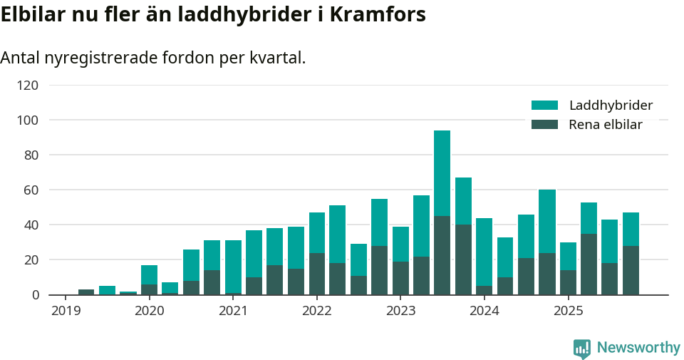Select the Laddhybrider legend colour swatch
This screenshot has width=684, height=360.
click(x=544, y=106)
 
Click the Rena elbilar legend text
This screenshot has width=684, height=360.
click(x=606, y=125)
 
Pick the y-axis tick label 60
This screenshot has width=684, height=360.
click(x=31, y=190)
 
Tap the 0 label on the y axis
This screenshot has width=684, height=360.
click(x=34, y=294)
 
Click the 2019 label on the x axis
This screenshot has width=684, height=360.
click(x=66, y=311)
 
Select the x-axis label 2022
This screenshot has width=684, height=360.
click(x=316, y=311)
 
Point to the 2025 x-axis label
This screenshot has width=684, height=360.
click(x=568, y=311)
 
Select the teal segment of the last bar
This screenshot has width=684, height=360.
click(x=631, y=229)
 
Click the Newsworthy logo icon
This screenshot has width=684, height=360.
click(x=581, y=348)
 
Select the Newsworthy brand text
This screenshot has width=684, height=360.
click(x=638, y=348)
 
